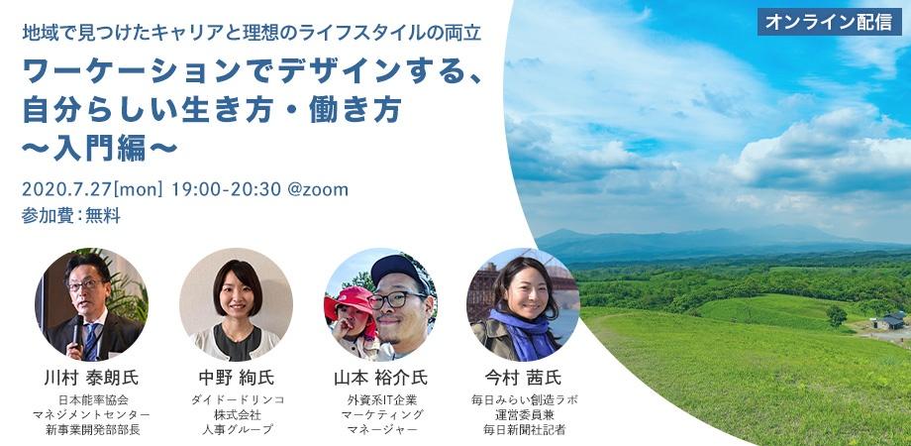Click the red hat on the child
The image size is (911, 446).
[x=351, y=300]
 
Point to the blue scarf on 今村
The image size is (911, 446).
[x=524, y=332]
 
